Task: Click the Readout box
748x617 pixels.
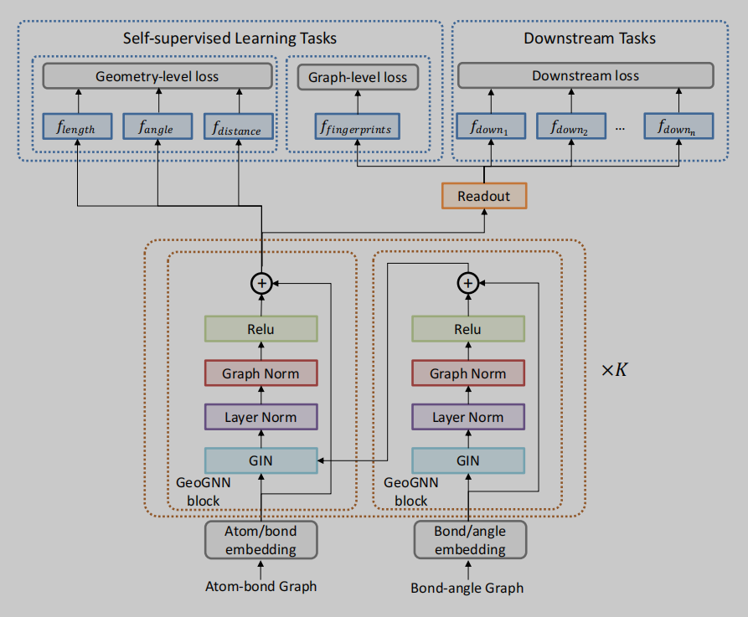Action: [484, 197]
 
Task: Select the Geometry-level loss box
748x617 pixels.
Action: [157, 76]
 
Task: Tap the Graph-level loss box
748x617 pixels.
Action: [358, 77]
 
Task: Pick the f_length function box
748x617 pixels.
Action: [76, 127]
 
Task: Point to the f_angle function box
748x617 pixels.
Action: [157, 127]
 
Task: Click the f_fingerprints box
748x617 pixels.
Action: [357, 127]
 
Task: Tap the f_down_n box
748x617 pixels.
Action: [678, 127]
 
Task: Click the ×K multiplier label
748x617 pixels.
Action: [614, 369]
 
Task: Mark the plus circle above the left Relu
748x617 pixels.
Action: [261, 284]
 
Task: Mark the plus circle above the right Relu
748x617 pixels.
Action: [468, 284]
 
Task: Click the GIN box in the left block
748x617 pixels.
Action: [261, 460]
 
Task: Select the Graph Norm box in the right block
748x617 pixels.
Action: [468, 373]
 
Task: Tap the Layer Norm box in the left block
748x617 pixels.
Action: [261, 417]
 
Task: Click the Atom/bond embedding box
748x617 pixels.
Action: [261, 540]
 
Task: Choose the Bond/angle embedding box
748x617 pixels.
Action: [469, 540]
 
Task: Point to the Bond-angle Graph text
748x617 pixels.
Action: [467, 588]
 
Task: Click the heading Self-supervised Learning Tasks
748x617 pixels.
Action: [230, 38]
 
